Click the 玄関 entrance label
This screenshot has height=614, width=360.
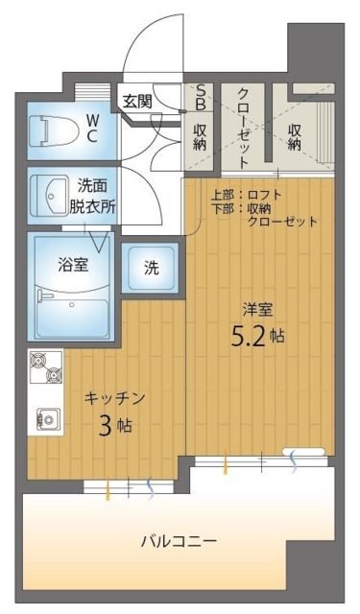click(x=136, y=99)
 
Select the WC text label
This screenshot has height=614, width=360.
click(x=92, y=128)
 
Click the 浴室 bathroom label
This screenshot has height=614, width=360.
click(x=73, y=264)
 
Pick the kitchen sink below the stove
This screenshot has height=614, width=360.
click(x=45, y=415)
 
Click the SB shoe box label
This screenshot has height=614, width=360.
click(x=201, y=98)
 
